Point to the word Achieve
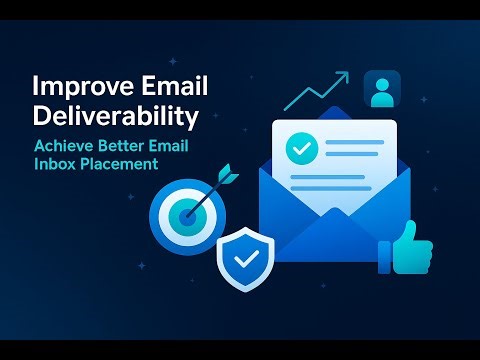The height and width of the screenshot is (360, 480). coord(64,146)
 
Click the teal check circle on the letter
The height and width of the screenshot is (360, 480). coord(299,148)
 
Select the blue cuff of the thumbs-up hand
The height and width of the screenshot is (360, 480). coord(383,254)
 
